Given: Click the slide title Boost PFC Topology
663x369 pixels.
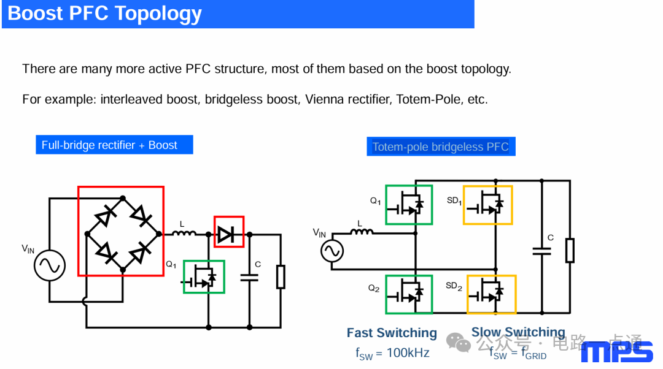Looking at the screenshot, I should click(104, 13).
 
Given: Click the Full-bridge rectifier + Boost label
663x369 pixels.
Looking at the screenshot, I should click(109, 145).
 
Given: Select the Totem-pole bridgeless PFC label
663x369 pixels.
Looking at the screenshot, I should click(440, 147).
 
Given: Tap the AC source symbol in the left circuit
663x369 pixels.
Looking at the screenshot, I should click(49, 266).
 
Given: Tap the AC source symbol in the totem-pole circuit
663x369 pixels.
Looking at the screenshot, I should click(332, 251).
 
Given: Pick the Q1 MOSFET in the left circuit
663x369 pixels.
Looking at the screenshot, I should click(204, 277).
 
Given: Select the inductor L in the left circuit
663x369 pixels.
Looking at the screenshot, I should click(184, 233).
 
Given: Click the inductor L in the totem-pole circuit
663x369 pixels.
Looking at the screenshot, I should click(362, 232).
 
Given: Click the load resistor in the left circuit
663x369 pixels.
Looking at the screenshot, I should click(281, 277).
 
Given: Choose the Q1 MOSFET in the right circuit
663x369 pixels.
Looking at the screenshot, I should click(409, 205).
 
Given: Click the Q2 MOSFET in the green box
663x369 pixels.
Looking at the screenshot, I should click(409, 294).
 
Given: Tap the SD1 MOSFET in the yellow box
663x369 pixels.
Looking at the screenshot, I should click(487, 205).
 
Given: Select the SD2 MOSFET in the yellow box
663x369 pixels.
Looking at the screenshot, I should click(491, 294).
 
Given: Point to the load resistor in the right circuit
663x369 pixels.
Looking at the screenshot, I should click(570, 250).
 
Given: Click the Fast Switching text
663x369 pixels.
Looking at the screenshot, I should click(392, 333).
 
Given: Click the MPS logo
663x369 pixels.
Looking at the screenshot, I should click(616, 352).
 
